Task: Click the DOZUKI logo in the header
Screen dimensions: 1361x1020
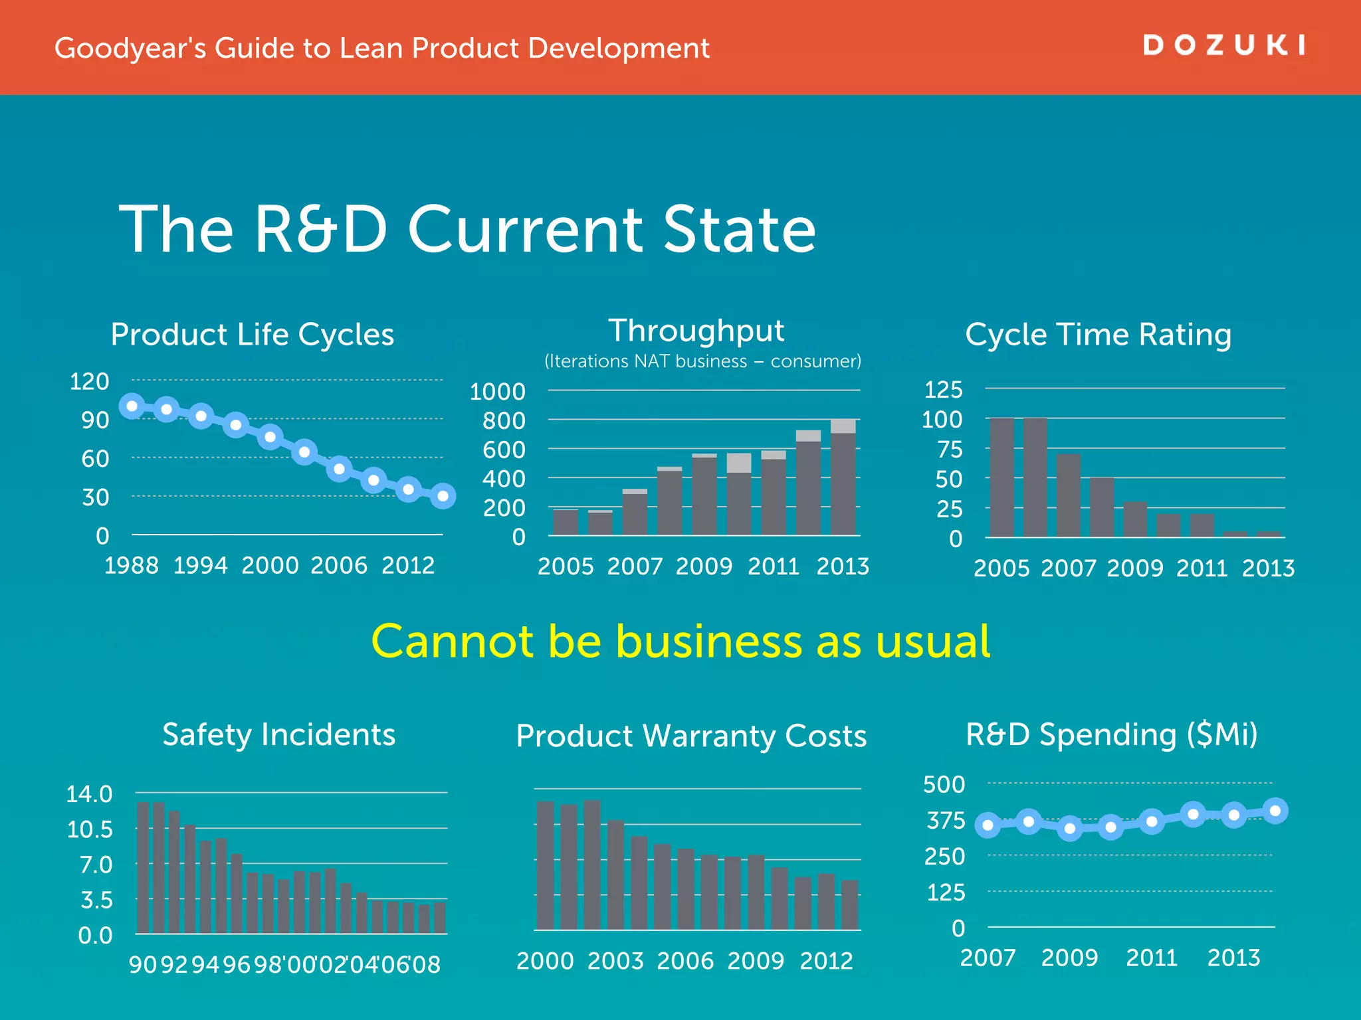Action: point(1223,45)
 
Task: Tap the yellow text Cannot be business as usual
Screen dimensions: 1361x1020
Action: point(680,641)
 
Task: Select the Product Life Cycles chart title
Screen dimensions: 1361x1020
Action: point(253,335)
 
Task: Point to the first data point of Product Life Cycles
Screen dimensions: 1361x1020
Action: point(132,406)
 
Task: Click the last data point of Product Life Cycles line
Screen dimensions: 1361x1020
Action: point(443,495)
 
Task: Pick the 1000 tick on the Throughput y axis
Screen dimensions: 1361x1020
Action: point(498,391)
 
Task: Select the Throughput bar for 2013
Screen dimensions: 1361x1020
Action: point(843,477)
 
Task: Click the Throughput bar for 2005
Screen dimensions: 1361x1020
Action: point(566,522)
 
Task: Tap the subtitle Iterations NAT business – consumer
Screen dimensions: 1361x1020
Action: point(702,361)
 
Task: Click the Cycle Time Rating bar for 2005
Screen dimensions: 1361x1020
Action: point(1002,477)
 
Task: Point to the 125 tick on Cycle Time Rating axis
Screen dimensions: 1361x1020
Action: point(944,389)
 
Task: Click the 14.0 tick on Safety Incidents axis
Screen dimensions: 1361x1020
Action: point(89,794)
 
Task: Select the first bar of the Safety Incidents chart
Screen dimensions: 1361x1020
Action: point(143,868)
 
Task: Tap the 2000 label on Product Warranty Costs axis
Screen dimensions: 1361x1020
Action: point(545,961)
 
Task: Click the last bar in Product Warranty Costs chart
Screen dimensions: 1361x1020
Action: point(850,904)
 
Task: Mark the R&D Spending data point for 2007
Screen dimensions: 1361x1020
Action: point(988,825)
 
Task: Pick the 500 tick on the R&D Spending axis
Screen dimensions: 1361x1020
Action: point(944,784)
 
